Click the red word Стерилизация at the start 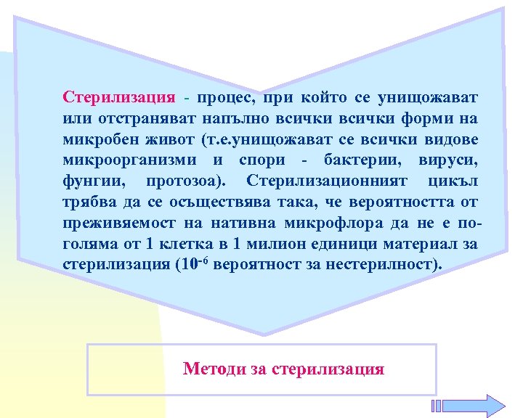(x=119, y=97)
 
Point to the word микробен (x=94, y=139)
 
